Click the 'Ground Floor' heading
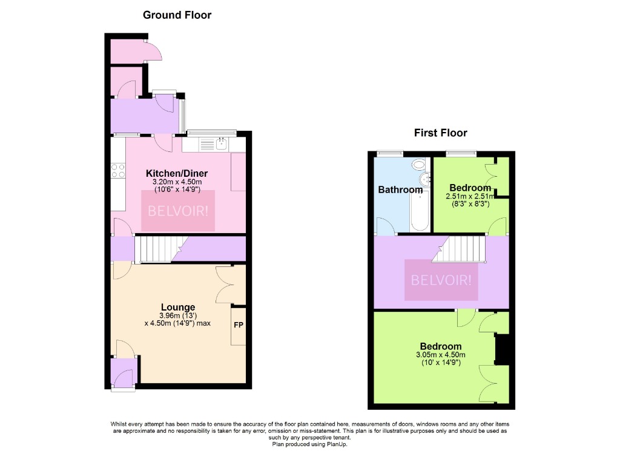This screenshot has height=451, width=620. [177, 15]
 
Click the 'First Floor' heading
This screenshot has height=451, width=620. [440, 133]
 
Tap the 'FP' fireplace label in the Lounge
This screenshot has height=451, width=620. [239, 325]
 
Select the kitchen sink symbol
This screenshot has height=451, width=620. [221, 144]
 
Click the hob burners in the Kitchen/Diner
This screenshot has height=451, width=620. [117, 171]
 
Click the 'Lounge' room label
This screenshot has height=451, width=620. [177, 307]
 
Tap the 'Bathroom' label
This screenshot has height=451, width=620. [400, 189]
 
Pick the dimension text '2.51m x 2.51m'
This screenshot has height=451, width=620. [470, 196]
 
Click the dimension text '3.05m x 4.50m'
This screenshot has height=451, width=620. [441, 355]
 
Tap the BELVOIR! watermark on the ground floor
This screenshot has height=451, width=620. [178, 211]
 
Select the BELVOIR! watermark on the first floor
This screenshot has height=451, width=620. [441, 280]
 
